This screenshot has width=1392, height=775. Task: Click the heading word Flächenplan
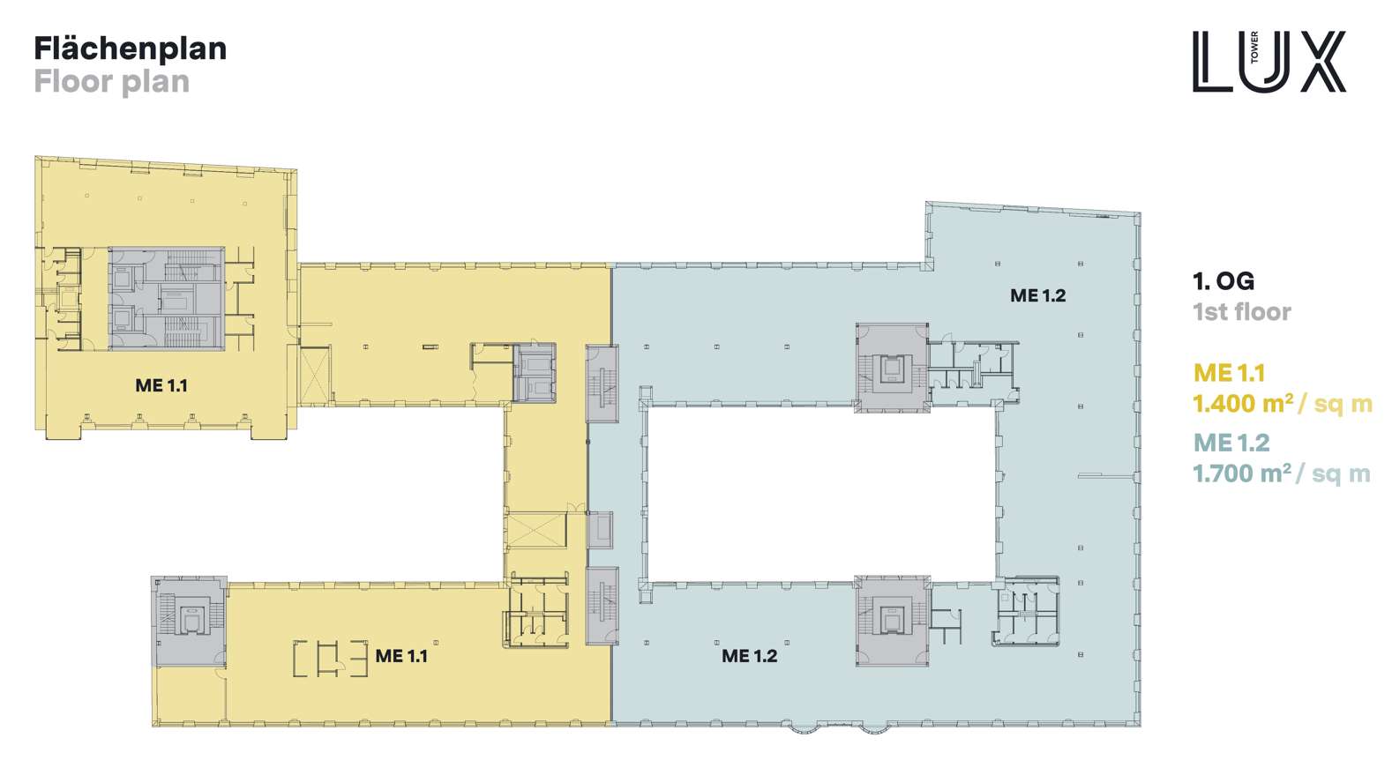click(x=131, y=49)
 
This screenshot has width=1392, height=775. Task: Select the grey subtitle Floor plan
click(x=112, y=82)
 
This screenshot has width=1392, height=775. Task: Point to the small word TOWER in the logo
click(x=1254, y=48)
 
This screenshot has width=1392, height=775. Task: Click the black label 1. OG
click(x=1224, y=281)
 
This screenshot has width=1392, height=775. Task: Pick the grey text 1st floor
click(x=1242, y=312)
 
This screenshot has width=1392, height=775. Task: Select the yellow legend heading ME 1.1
click(x=1229, y=373)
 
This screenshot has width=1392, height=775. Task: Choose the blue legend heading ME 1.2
click(x=1231, y=443)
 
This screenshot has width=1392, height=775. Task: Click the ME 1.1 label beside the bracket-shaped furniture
click(x=401, y=656)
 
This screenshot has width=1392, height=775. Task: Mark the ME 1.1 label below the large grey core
click(x=161, y=385)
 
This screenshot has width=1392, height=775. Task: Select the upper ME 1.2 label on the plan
click(x=1037, y=295)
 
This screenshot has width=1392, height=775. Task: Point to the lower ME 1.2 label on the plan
click(x=750, y=656)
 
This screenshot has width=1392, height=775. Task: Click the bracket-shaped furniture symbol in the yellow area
click(x=331, y=659)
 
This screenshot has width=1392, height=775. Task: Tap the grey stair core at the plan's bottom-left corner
click(x=189, y=621)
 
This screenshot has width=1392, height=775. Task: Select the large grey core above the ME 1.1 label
click(x=167, y=298)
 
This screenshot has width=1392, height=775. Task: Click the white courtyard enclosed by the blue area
click(x=820, y=494)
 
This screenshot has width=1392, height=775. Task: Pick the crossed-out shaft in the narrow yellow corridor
click(x=536, y=530)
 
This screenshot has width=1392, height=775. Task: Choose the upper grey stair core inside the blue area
click(x=892, y=368)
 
